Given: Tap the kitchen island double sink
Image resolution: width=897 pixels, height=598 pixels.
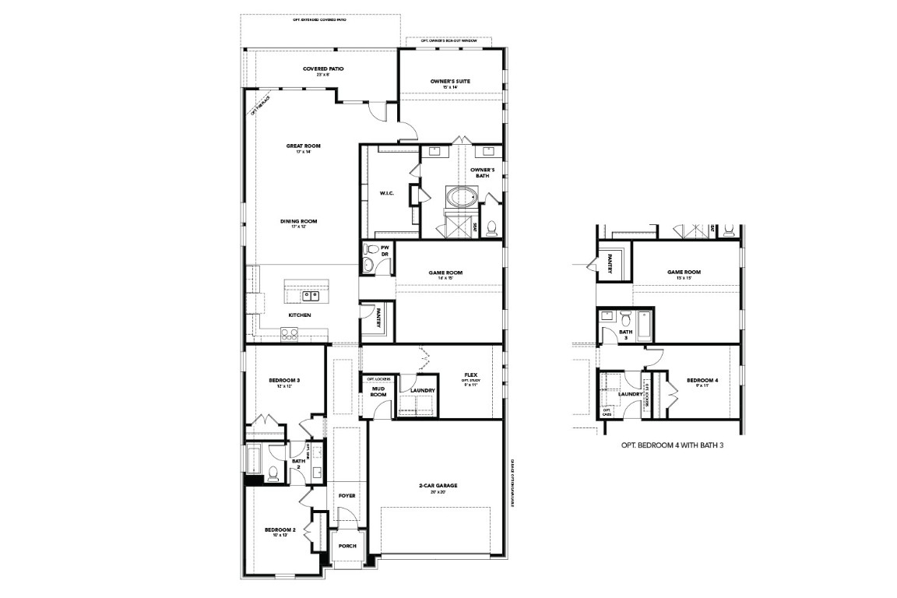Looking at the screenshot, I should [x=311, y=296].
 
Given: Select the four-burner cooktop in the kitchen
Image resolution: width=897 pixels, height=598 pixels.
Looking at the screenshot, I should [x=289, y=334].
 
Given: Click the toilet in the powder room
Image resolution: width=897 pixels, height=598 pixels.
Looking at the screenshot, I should [x=373, y=250].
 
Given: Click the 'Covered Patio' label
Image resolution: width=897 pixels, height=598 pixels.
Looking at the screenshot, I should [x=323, y=69].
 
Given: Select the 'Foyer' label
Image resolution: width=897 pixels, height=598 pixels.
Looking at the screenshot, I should [x=346, y=495].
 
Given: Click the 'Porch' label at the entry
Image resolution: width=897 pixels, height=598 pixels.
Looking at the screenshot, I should [x=347, y=546].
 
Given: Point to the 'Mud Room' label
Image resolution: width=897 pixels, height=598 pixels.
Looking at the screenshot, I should [x=378, y=391].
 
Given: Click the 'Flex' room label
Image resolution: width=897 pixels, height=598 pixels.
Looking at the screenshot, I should [x=470, y=374].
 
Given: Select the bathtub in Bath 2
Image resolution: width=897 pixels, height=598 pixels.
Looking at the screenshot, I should [x=255, y=459].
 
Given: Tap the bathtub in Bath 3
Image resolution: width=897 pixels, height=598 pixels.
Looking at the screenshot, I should [x=645, y=325].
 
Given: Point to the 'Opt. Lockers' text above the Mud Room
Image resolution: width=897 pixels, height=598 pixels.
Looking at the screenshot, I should [x=378, y=378].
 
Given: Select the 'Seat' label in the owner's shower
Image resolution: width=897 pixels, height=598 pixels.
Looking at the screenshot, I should [x=476, y=227].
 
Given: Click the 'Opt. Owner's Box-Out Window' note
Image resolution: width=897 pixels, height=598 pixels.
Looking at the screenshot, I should [x=449, y=40].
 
